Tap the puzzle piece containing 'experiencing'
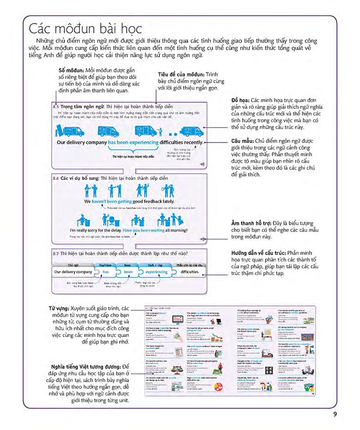pos(157,273)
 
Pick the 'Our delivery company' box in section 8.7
pos(73,273)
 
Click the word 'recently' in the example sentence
pos(191,143)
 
